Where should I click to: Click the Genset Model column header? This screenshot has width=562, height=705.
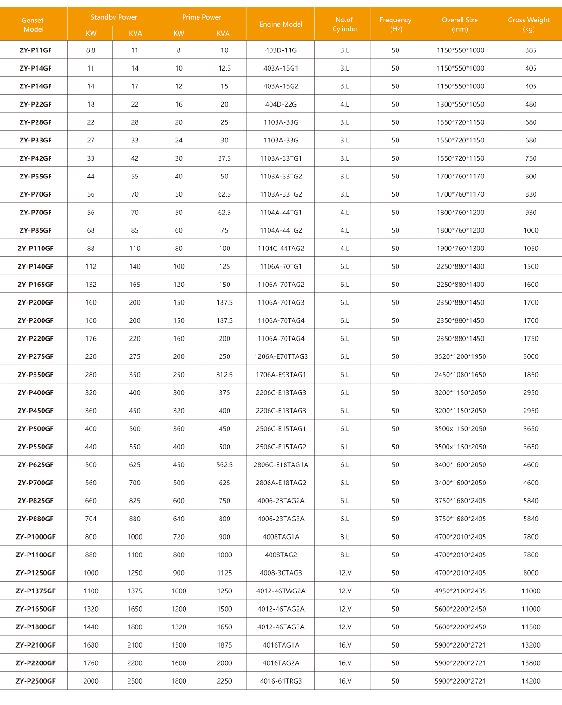click(33, 25)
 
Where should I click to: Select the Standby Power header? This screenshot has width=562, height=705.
click(114, 17)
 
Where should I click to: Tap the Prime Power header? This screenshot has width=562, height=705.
click(202, 17)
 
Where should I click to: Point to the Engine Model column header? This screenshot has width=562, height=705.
click(281, 24)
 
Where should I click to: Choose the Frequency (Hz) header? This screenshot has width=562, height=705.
click(395, 24)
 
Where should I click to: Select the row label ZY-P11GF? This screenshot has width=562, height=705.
click(36, 50)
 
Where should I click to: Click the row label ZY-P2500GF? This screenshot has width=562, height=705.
click(36, 681)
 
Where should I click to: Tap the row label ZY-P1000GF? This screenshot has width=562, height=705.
click(36, 537)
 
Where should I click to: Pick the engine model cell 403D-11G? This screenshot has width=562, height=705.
click(281, 50)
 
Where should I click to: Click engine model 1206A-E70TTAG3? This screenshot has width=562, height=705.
click(281, 356)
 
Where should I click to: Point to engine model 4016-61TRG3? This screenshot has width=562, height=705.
click(281, 681)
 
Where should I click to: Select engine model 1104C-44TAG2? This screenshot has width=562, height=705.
click(281, 249)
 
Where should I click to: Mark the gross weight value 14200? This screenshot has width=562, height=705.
click(531, 681)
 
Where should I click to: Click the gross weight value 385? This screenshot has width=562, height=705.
click(531, 50)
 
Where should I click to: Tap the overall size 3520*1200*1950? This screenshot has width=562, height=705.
click(460, 356)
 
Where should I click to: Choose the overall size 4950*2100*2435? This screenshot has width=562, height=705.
click(460, 591)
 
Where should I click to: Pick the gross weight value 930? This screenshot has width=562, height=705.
click(531, 213)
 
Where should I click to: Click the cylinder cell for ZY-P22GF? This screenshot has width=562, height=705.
click(345, 104)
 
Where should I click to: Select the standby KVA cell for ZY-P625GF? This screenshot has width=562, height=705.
click(135, 465)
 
